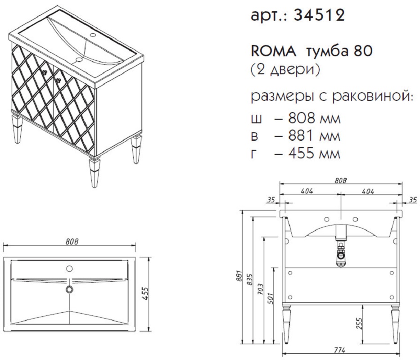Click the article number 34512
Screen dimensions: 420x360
coord(319,15)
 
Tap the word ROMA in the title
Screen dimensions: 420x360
coord(273,51)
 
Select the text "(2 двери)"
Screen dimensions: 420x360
coord(285,70)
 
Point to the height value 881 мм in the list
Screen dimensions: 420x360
coord(314,136)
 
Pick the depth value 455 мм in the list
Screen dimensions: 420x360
coord(314,153)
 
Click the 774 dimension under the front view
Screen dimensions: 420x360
coord(340,350)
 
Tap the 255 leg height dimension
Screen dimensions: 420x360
coord(360,324)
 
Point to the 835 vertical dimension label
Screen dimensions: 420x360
coord(250,279)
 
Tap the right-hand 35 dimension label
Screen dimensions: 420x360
coord(413,199)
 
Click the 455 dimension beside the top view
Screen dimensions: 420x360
coord(145,294)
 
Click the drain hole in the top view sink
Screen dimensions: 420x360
coord(70,289)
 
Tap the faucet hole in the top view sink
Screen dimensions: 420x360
coord(69,269)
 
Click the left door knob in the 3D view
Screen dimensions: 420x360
coord(44,72)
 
